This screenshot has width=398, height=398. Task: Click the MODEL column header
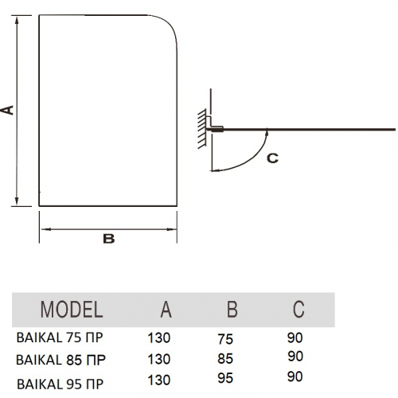[x=72, y=310]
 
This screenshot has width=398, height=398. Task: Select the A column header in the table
[x=166, y=310]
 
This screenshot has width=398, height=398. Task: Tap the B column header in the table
[x=232, y=310]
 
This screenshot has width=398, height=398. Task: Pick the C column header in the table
[x=298, y=310]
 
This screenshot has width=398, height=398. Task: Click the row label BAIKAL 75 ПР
[x=60, y=338]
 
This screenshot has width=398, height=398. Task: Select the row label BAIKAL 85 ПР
[x=60, y=360]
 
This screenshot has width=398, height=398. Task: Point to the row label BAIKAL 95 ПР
[x=60, y=384]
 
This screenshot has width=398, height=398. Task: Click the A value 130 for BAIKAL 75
[x=159, y=338]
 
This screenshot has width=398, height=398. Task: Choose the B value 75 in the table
[x=225, y=339]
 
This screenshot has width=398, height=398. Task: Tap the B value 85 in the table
[x=225, y=359]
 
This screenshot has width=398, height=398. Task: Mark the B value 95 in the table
[x=225, y=378]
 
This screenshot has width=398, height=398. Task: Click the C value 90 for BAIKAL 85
[x=295, y=357]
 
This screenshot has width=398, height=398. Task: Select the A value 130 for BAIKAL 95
[x=159, y=380]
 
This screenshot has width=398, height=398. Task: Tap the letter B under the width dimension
[x=109, y=239]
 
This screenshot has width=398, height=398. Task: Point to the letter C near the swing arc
[x=272, y=158]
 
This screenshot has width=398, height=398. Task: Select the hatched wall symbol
[x=202, y=129]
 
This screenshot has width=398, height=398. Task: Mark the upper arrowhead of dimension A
[x=17, y=20]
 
